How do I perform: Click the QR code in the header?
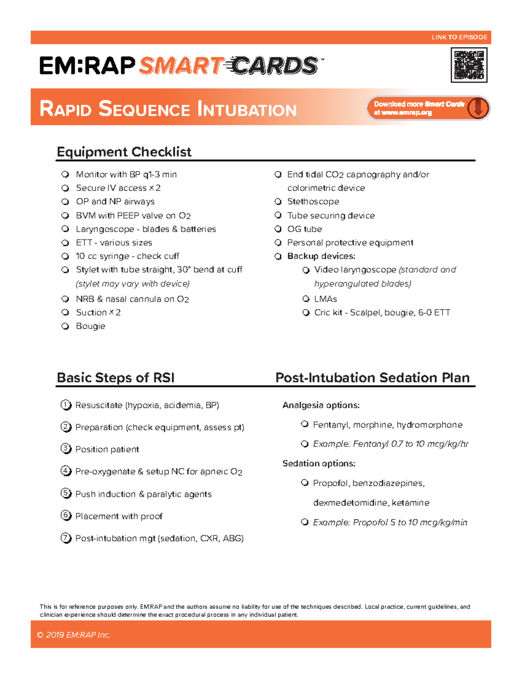tap(468, 65)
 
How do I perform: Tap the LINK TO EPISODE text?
tap(459, 37)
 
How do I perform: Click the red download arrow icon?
tap(478, 108)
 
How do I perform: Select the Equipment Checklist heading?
tap(124, 152)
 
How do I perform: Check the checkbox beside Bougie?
tap(65, 326)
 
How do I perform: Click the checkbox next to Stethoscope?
tap(278, 202)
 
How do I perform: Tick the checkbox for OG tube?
tap(278, 229)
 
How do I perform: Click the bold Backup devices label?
tap(321, 256)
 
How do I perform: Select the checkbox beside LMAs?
tap(306, 299)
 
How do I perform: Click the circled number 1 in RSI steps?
tap(66, 405)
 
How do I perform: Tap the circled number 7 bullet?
tap(66, 538)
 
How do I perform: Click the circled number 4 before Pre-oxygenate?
tap(66, 471)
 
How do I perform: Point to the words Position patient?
tap(107, 449)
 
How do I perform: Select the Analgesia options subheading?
tap(321, 405)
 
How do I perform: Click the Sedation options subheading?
tap(318, 463)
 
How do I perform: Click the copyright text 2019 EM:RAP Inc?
tap(74, 635)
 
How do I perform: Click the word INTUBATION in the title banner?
tap(247, 109)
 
